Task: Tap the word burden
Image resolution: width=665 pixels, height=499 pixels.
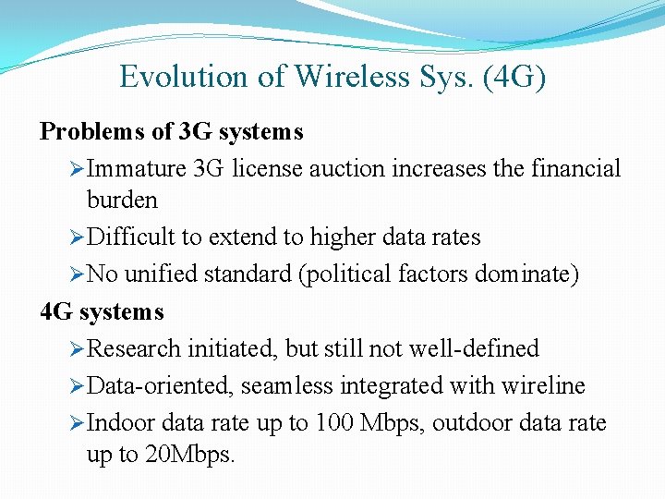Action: coord(122,200)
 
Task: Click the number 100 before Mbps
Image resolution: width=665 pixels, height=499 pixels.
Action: coord(332,423)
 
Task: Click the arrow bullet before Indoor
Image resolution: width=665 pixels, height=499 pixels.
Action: coord(77,423)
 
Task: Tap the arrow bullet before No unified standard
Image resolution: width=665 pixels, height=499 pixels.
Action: coord(77,274)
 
